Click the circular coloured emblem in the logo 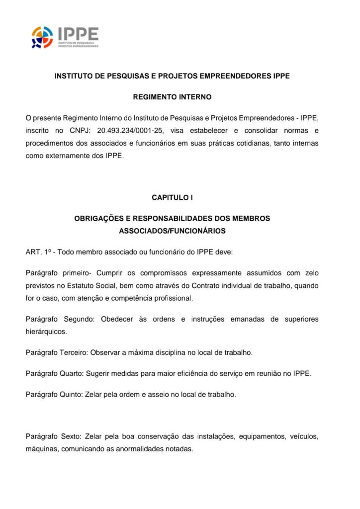point(42,37)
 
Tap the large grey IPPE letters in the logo point(78,34)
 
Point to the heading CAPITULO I point(172,197)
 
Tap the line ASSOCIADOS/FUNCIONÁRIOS point(172,231)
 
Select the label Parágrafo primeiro point(57,273)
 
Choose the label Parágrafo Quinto point(54,395)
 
